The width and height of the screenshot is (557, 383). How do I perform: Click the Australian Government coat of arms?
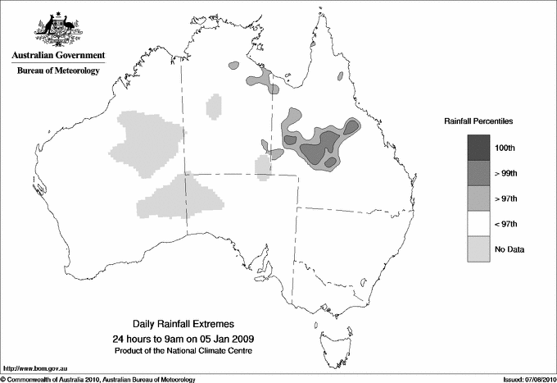57,31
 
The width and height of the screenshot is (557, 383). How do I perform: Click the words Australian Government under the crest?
57,56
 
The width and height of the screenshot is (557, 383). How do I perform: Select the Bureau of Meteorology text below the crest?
57,71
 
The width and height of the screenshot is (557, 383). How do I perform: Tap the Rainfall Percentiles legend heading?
478,121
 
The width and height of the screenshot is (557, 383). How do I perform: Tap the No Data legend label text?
509,248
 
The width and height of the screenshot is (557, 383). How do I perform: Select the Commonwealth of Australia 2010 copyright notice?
98,378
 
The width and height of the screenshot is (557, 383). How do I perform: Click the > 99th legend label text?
507,173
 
